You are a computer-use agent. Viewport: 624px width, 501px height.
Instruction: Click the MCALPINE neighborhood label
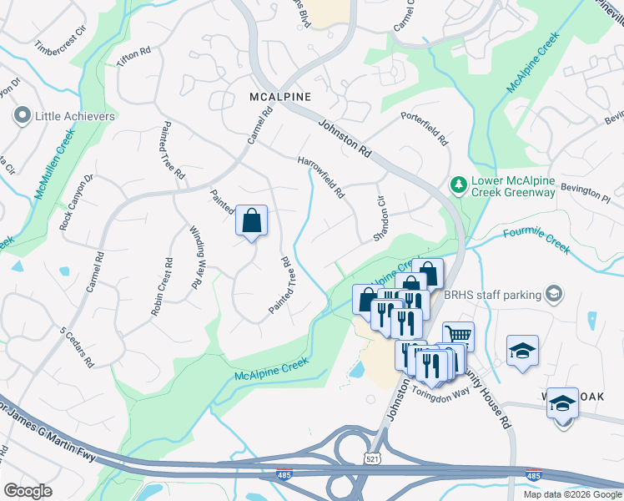coord(280,97)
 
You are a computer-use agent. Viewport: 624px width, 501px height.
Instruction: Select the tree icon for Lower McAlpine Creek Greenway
coord(457,184)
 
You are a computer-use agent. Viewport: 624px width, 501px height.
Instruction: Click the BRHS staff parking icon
coord(553,293)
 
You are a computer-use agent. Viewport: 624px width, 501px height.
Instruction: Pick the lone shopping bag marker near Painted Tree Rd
coord(251,222)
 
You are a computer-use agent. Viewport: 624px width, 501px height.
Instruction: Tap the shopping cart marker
coord(458,337)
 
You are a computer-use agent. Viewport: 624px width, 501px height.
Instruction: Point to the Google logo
coord(28,490)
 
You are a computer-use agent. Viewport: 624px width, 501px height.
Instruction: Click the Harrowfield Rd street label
coord(321,176)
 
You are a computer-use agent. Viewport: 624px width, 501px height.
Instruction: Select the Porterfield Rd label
coord(424,128)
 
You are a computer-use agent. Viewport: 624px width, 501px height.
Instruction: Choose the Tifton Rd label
coord(133,58)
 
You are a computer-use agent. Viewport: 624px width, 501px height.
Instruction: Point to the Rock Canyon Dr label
coord(78,202)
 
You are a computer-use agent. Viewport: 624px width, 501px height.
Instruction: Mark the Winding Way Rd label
coord(196,257)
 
